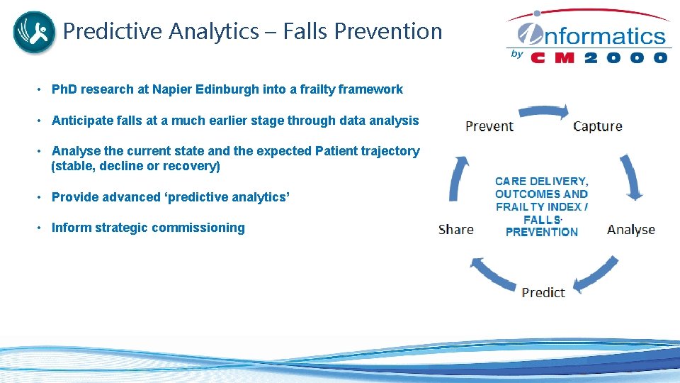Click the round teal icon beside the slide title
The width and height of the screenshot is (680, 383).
34,32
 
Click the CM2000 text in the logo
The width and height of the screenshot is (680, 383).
599,57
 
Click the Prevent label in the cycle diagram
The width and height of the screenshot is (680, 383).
489,126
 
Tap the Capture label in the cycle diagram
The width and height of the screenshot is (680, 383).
597,126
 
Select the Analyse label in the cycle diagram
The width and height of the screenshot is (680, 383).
630,229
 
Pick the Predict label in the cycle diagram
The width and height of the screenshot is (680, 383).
543,292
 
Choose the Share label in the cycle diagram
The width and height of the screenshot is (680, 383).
456,229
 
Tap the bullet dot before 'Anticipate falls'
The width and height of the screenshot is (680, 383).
41,121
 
